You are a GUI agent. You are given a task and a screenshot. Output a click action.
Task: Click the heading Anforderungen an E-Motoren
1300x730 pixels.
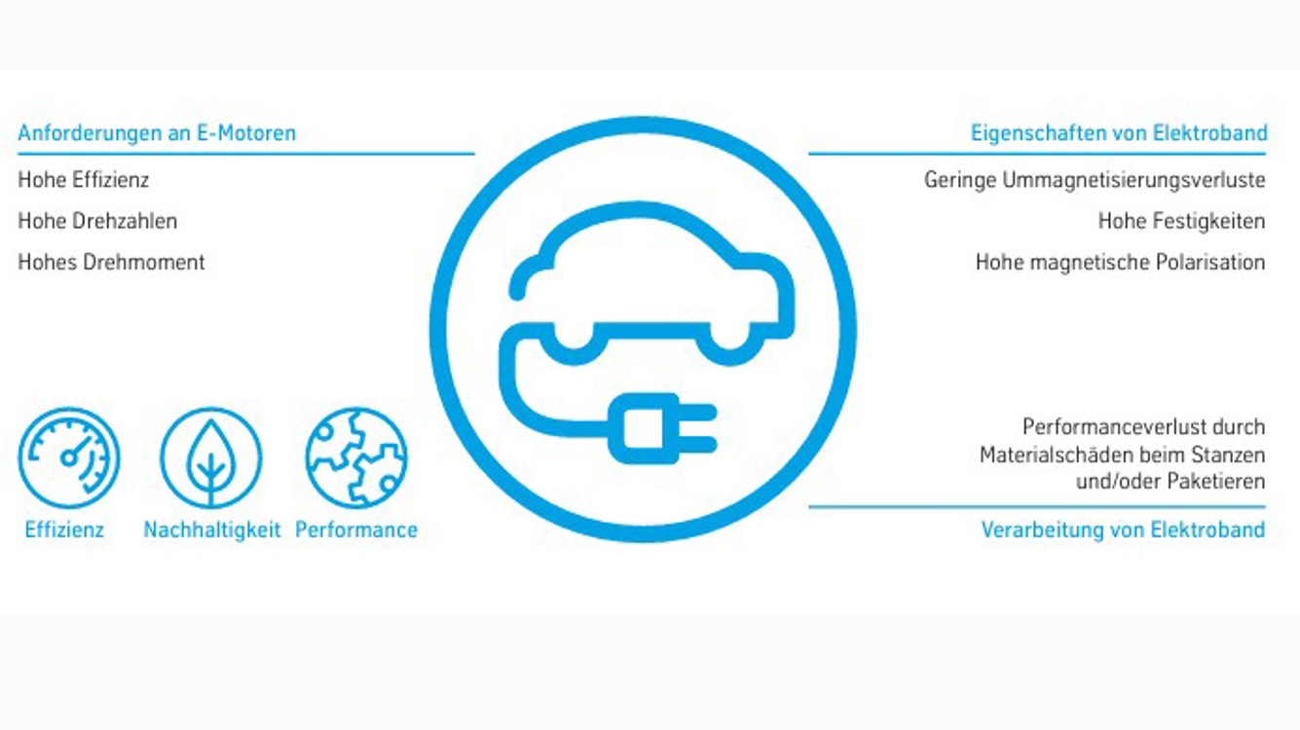point(157,132)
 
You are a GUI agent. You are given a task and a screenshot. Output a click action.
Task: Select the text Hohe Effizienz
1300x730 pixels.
point(84,180)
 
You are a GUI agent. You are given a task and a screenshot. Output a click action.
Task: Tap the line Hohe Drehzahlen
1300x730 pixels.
point(97,221)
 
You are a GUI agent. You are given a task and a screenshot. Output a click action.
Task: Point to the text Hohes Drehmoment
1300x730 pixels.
point(111,262)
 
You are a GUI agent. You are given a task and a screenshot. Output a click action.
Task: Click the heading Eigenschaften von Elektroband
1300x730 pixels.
point(1119,132)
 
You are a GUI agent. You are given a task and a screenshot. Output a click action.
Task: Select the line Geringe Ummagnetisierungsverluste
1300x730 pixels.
point(1095,180)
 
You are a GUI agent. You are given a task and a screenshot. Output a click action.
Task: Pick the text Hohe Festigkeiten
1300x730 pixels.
point(1181,221)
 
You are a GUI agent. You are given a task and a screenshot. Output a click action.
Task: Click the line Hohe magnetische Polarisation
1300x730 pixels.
point(1120,262)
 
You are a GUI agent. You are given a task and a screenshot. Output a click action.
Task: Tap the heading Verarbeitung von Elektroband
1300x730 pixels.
point(1123,530)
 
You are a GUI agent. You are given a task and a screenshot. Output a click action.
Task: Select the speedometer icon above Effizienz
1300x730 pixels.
point(69,458)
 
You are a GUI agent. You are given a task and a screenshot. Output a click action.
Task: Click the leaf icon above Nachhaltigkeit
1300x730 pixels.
point(211,458)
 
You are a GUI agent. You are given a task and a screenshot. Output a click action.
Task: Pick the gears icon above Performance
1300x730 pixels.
point(356,458)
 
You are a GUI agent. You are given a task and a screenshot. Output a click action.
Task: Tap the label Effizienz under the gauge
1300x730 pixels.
point(64,530)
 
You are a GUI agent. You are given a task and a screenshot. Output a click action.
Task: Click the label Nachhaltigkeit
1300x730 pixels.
point(212,530)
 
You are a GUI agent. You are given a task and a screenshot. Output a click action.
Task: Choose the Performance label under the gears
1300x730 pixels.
point(356,530)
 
